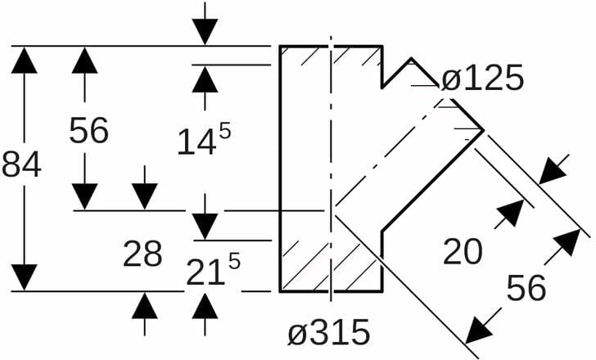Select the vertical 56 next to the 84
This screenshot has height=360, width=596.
(88, 130)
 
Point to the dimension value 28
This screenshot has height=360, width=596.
(142, 254)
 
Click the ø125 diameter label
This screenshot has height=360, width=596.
(481, 79)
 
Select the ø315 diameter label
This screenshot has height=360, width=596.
(328, 332)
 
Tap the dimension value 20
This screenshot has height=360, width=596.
(463, 253)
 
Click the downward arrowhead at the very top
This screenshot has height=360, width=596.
(205, 32)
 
